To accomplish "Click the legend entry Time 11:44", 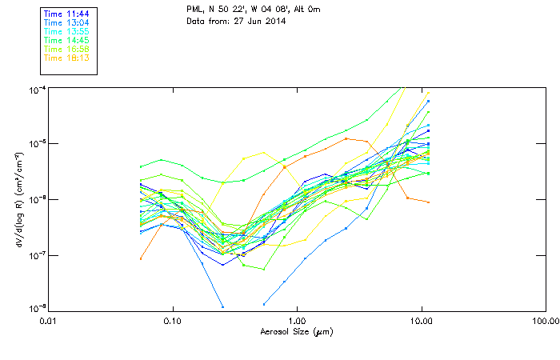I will [66, 14].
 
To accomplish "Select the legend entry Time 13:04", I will [66, 22].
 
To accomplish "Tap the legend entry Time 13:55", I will [66, 31].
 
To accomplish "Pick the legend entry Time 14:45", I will [66, 40].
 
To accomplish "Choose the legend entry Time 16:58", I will [66, 49].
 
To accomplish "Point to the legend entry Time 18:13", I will [66, 58].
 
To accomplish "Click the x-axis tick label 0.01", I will [48, 320].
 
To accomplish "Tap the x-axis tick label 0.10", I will [173, 320].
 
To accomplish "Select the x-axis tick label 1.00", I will [297, 320].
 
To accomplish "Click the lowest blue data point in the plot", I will [222, 306].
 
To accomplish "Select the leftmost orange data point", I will [141, 258].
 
